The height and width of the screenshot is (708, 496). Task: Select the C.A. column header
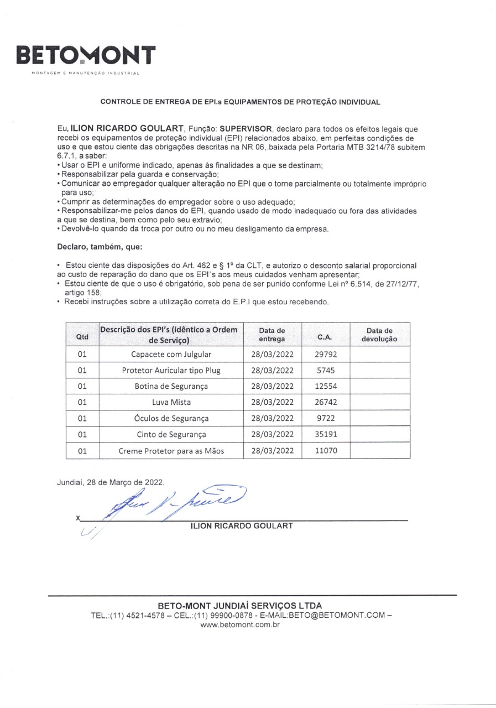click(325, 335)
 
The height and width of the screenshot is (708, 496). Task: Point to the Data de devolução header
click(379, 335)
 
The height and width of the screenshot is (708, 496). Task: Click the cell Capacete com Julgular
click(171, 354)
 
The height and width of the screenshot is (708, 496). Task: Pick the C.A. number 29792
click(325, 354)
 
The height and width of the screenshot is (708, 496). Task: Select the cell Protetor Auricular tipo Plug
click(171, 370)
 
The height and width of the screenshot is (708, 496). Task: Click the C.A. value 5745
click(325, 370)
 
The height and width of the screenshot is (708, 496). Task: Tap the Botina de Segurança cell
click(171, 386)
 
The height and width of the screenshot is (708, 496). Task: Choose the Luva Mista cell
click(171, 402)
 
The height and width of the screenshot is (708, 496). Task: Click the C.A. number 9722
click(325, 418)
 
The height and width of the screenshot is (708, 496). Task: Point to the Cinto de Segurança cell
click(171, 434)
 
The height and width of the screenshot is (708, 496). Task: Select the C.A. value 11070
click(325, 450)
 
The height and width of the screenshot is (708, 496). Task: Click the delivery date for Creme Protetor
click(273, 450)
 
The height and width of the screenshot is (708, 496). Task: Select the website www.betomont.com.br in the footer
click(240, 624)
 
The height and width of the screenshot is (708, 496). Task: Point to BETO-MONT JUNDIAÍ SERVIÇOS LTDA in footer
click(240, 606)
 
